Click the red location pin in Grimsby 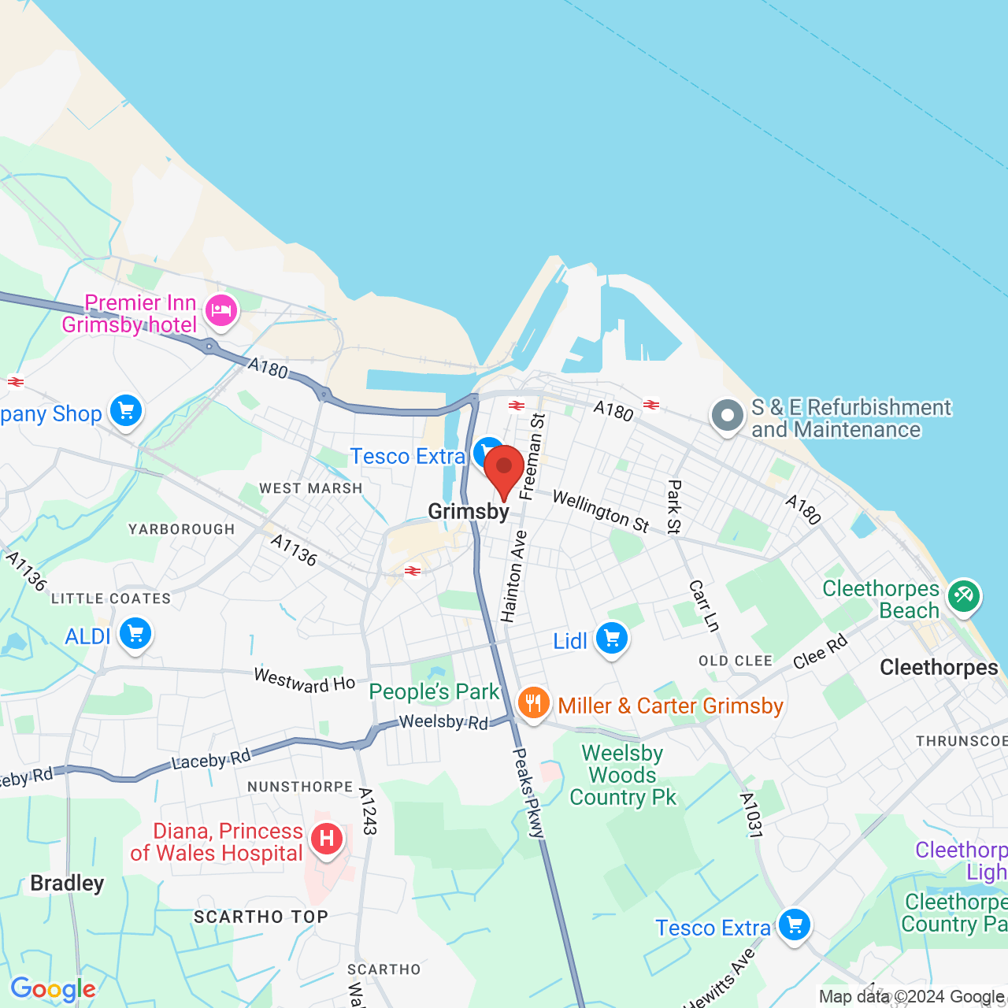[x=504, y=469]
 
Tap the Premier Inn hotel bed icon [x=221, y=309]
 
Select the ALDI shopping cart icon [x=135, y=633]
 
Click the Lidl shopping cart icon [x=612, y=639]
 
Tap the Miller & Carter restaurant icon [x=533, y=703]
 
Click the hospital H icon [x=326, y=839]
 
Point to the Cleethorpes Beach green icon [x=964, y=596]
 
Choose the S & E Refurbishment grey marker [x=727, y=416]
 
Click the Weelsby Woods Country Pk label [x=622, y=776]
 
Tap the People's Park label [x=434, y=691]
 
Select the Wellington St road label [x=601, y=511]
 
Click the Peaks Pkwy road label [x=528, y=792]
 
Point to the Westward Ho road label [x=304, y=680]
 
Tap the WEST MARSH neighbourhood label [x=311, y=488]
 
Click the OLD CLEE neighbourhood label [x=736, y=661]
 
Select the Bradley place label [x=67, y=883]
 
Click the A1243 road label [x=368, y=811]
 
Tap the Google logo [x=53, y=989]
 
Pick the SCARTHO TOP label [x=261, y=917]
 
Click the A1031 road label [x=751, y=815]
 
